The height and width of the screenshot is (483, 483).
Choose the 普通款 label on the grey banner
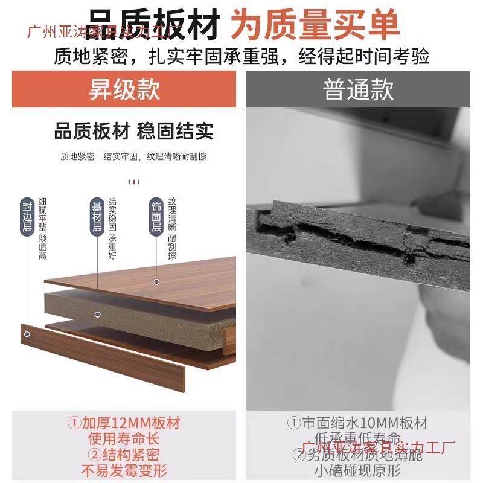pos(358,90)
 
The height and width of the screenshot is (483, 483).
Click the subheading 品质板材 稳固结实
pos(133,131)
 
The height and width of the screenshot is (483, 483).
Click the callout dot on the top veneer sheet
pos(156,281)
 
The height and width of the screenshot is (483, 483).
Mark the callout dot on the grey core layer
pos(97,314)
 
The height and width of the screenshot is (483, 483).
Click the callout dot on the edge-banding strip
pos(27,333)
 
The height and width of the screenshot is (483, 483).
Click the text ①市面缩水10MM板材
pos(357,423)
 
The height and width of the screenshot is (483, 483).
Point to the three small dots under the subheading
pos(134,181)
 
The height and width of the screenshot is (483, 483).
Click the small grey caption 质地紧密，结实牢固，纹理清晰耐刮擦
pos(133,157)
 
